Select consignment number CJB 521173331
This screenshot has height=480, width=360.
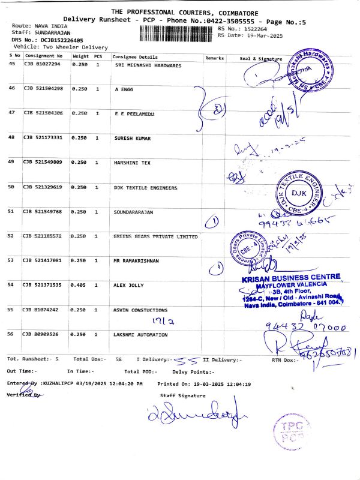pyautogui.click(x=43, y=138)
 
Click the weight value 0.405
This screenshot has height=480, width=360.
pyautogui.click(x=79, y=285)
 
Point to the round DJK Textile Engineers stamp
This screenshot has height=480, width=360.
pyautogui.click(x=298, y=193)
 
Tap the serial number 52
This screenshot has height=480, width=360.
pyautogui.click(x=11, y=236)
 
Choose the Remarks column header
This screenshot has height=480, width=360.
pyautogui.click(x=214, y=58)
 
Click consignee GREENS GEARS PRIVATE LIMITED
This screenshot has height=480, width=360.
pyautogui.click(x=155, y=236)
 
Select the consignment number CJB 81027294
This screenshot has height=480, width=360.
pyautogui.click(x=42, y=64)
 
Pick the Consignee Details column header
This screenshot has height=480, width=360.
pyautogui.click(x=136, y=57)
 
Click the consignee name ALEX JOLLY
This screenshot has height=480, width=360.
pyautogui.click(x=129, y=285)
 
